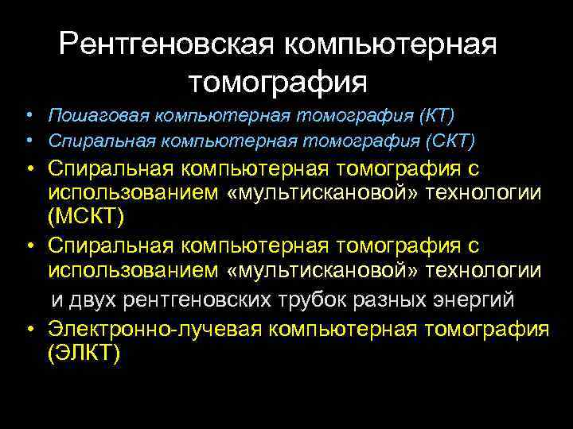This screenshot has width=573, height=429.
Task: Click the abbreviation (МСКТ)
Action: tap(85, 216)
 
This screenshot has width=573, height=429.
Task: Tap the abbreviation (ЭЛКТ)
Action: tap(84, 353)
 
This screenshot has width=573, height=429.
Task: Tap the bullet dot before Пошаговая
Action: tap(27, 116)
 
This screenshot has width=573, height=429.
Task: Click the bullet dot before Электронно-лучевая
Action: tap(27, 328)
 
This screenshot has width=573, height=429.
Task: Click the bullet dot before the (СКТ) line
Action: tap(27, 141)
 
